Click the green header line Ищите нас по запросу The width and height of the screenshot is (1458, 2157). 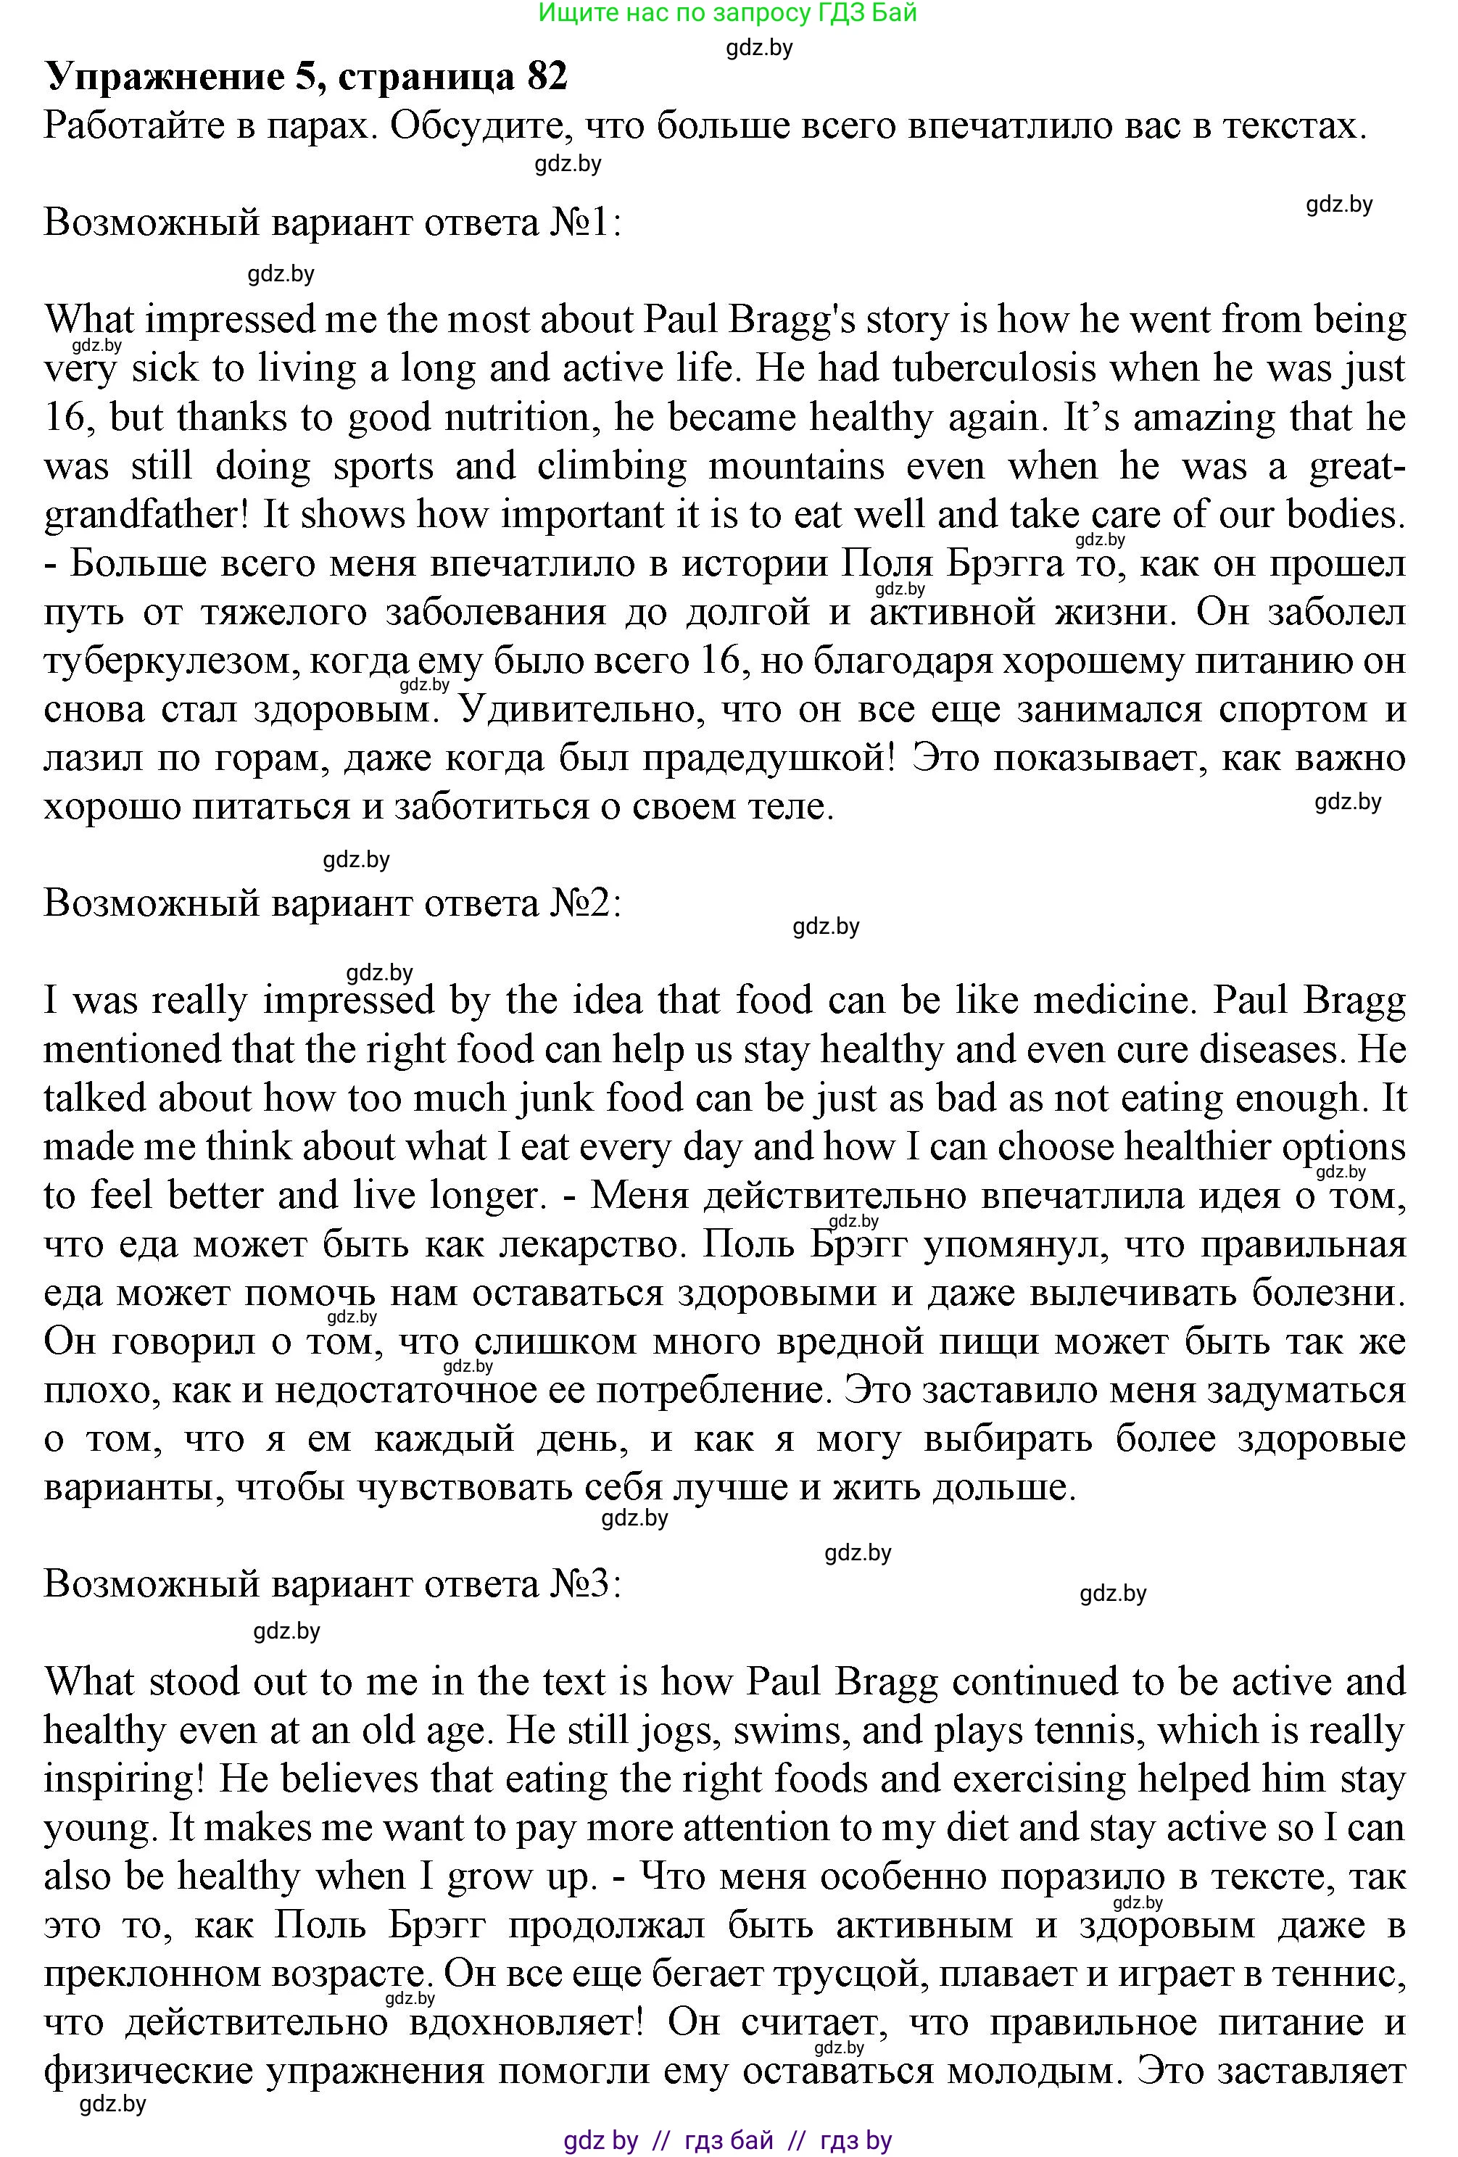726,13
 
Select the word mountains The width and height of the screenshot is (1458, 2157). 796,466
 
